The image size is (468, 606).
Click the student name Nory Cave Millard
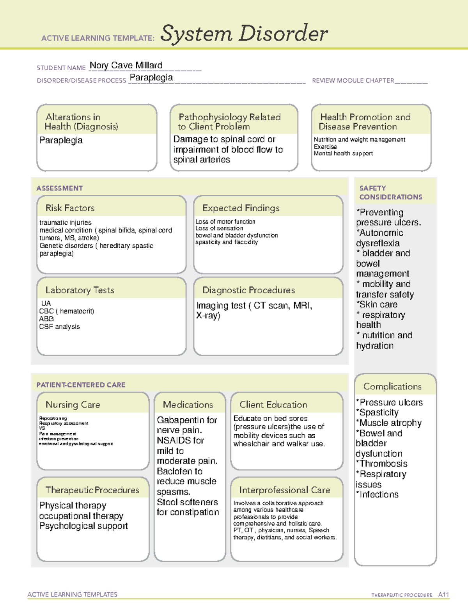126,66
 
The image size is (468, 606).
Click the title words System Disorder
244,34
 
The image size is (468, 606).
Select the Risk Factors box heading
70,208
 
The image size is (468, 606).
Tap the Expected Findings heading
241,208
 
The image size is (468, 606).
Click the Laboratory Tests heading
80,290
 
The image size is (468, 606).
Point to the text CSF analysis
59,327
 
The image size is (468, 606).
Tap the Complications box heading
392,386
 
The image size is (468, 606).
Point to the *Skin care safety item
377,304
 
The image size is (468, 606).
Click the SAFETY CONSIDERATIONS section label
390,192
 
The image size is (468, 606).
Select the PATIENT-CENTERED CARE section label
81,385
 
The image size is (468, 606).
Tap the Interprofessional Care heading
284,490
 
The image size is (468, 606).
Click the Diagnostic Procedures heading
248,290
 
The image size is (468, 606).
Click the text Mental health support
343,153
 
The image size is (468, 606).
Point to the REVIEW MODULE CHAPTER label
353,80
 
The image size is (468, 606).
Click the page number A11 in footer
443,595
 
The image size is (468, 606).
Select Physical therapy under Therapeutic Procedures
73,506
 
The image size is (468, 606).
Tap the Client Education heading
273,405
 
